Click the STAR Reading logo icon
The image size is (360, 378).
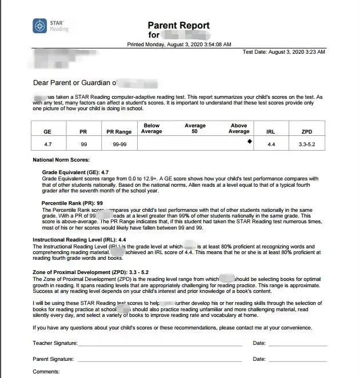(x=40, y=26)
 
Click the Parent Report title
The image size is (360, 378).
(x=179, y=25)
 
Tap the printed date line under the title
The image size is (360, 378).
(x=179, y=44)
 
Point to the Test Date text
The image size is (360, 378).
(x=283, y=52)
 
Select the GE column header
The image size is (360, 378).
(x=47, y=131)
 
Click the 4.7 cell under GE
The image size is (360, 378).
(x=47, y=144)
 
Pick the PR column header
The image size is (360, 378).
(x=83, y=131)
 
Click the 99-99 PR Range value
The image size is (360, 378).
(x=119, y=144)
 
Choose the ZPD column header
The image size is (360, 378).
(x=306, y=131)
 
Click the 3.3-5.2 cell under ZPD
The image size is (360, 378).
(x=306, y=144)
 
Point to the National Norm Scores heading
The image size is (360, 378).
(x=61, y=160)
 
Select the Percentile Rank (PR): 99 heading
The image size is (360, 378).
(x=73, y=203)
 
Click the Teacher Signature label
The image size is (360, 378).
(x=54, y=343)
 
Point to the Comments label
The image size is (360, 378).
(x=46, y=372)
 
